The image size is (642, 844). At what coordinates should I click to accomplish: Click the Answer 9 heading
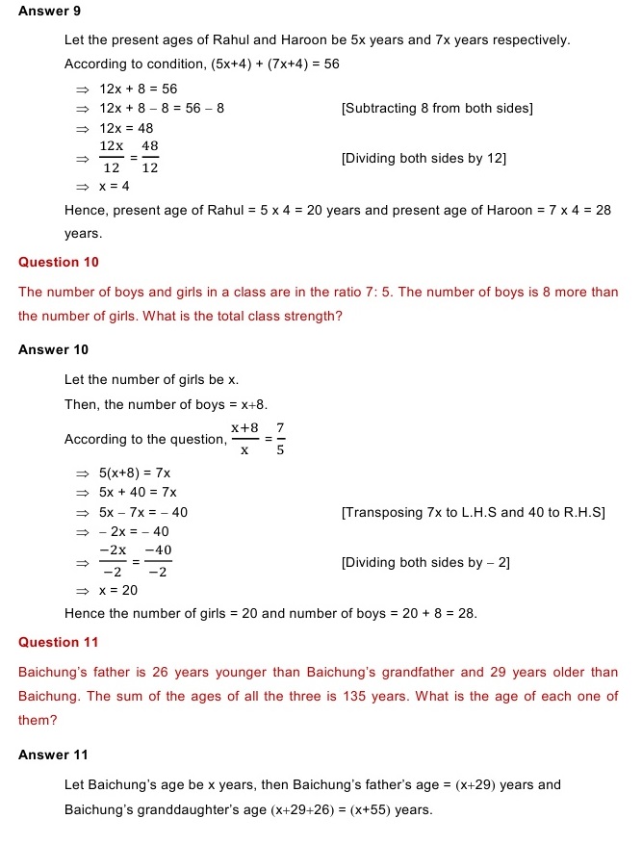[x=49, y=11]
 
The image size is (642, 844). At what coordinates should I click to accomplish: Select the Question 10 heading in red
[x=59, y=262]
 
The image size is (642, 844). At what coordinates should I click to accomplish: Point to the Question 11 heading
[x=58, y=642]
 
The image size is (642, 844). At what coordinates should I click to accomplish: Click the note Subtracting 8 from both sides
[x=437, y=108]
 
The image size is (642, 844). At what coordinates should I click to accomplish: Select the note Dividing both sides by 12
[x=424, y=158]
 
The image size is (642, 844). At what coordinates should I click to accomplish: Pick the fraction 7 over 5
[x=280, y=438]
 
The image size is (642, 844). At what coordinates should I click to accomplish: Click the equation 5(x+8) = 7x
[x=135, y=473]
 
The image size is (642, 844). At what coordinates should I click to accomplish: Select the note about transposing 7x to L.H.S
[x=473, y=512]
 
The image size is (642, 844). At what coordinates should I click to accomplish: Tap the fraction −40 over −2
[x=158, y=561]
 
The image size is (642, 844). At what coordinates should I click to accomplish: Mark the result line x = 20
[x=117, y=590]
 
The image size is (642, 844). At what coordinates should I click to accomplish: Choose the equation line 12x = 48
[x=126, y=128]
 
